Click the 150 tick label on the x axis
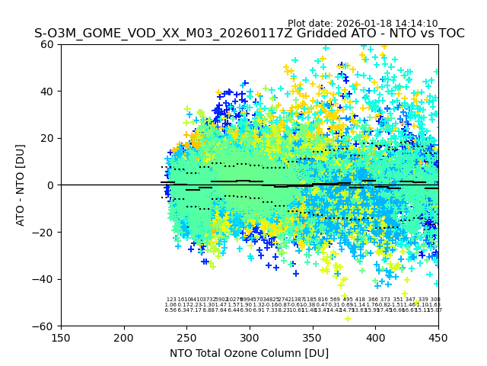(61, 339)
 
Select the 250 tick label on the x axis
(186, 339)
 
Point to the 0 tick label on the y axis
(51, 185)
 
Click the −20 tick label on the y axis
(45, 232)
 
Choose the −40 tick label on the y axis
(45, 279)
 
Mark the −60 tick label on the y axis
(45, 326)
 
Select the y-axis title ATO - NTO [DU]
(21, 185)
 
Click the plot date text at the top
(362, 24)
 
